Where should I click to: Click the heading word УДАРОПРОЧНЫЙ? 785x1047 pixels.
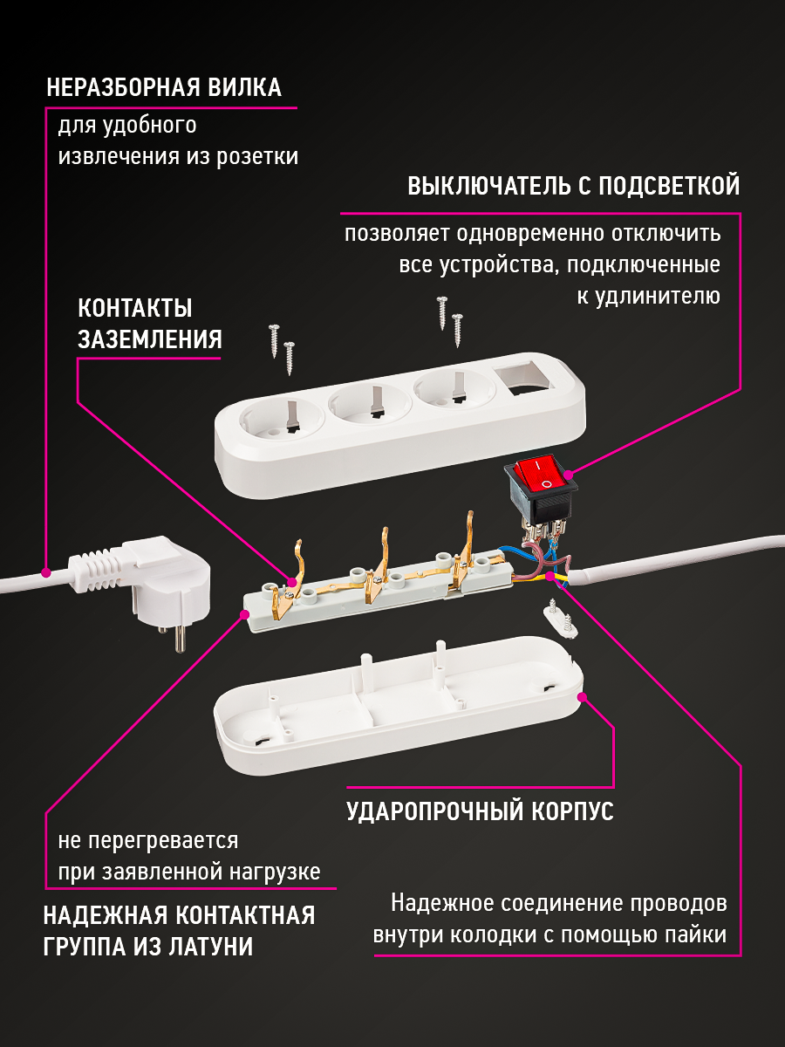click(x=435, y=811)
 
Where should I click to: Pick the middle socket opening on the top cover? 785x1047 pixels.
click(x=371, y=406)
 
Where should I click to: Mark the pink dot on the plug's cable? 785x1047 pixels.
click(x=45, y=572)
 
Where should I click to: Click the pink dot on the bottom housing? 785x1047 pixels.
click(x=583, y=697)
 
